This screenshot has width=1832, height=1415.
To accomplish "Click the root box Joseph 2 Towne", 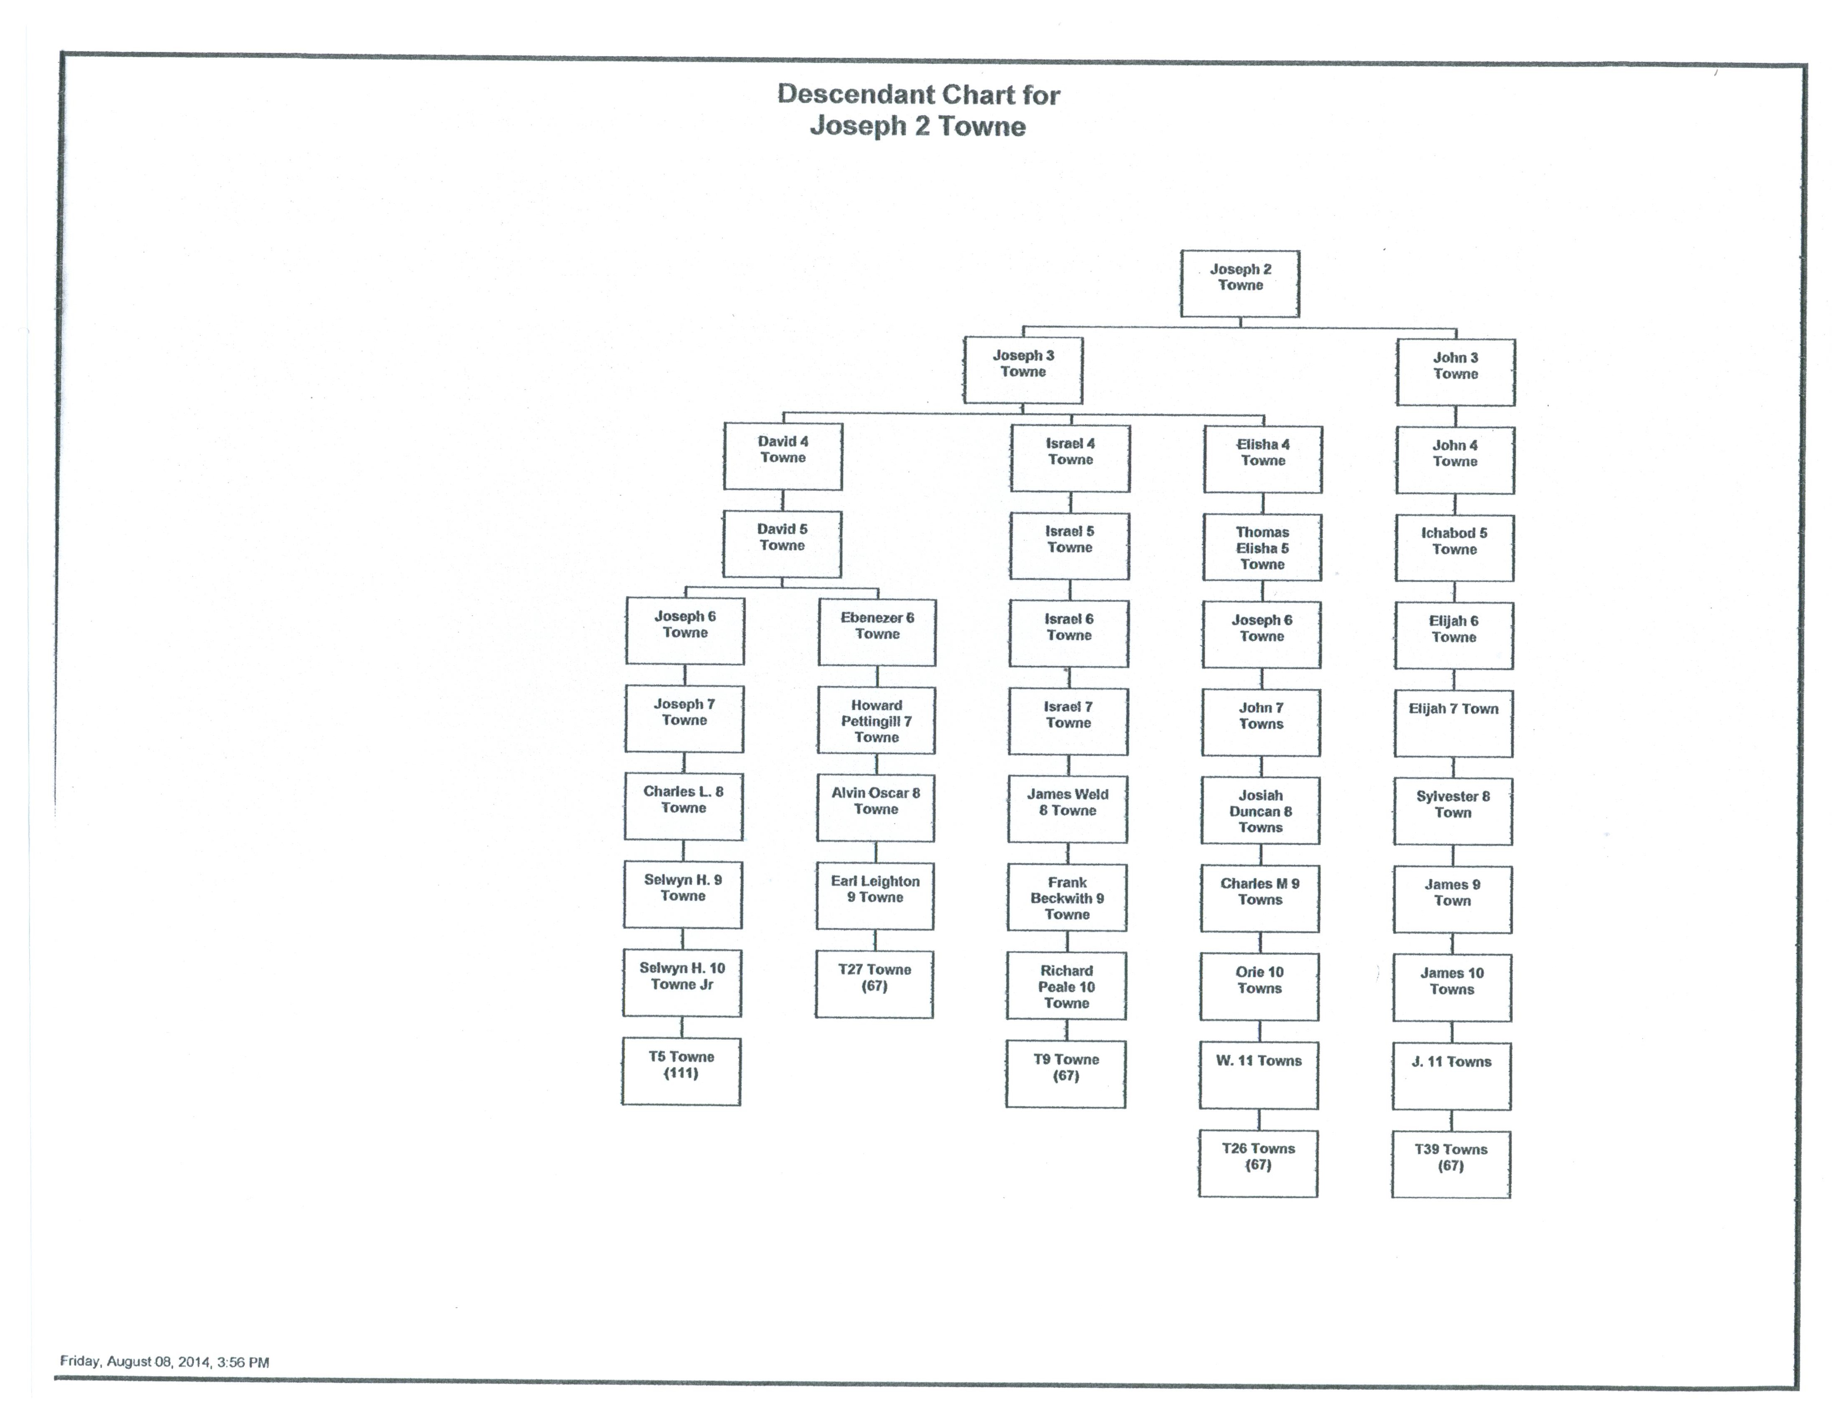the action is tap(1240, 283).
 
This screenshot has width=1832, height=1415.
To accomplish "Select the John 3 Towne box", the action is tap(1455, 372).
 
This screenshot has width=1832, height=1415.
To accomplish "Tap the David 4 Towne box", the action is tap(783, 456).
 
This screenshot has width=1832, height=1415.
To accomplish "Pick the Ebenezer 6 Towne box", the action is tap(876, 633).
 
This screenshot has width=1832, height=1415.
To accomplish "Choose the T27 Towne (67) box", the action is tap(874, 984).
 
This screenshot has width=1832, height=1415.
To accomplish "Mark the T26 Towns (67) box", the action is tap(1258, 1163).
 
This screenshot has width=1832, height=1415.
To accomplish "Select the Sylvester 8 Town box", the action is tap(1453, 811).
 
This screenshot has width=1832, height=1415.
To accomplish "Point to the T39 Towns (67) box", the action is tap(1451, 1164).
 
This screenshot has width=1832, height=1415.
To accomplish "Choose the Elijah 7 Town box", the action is tap(1454, 723).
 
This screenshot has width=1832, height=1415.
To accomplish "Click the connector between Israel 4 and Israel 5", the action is tap(1070, 502).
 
